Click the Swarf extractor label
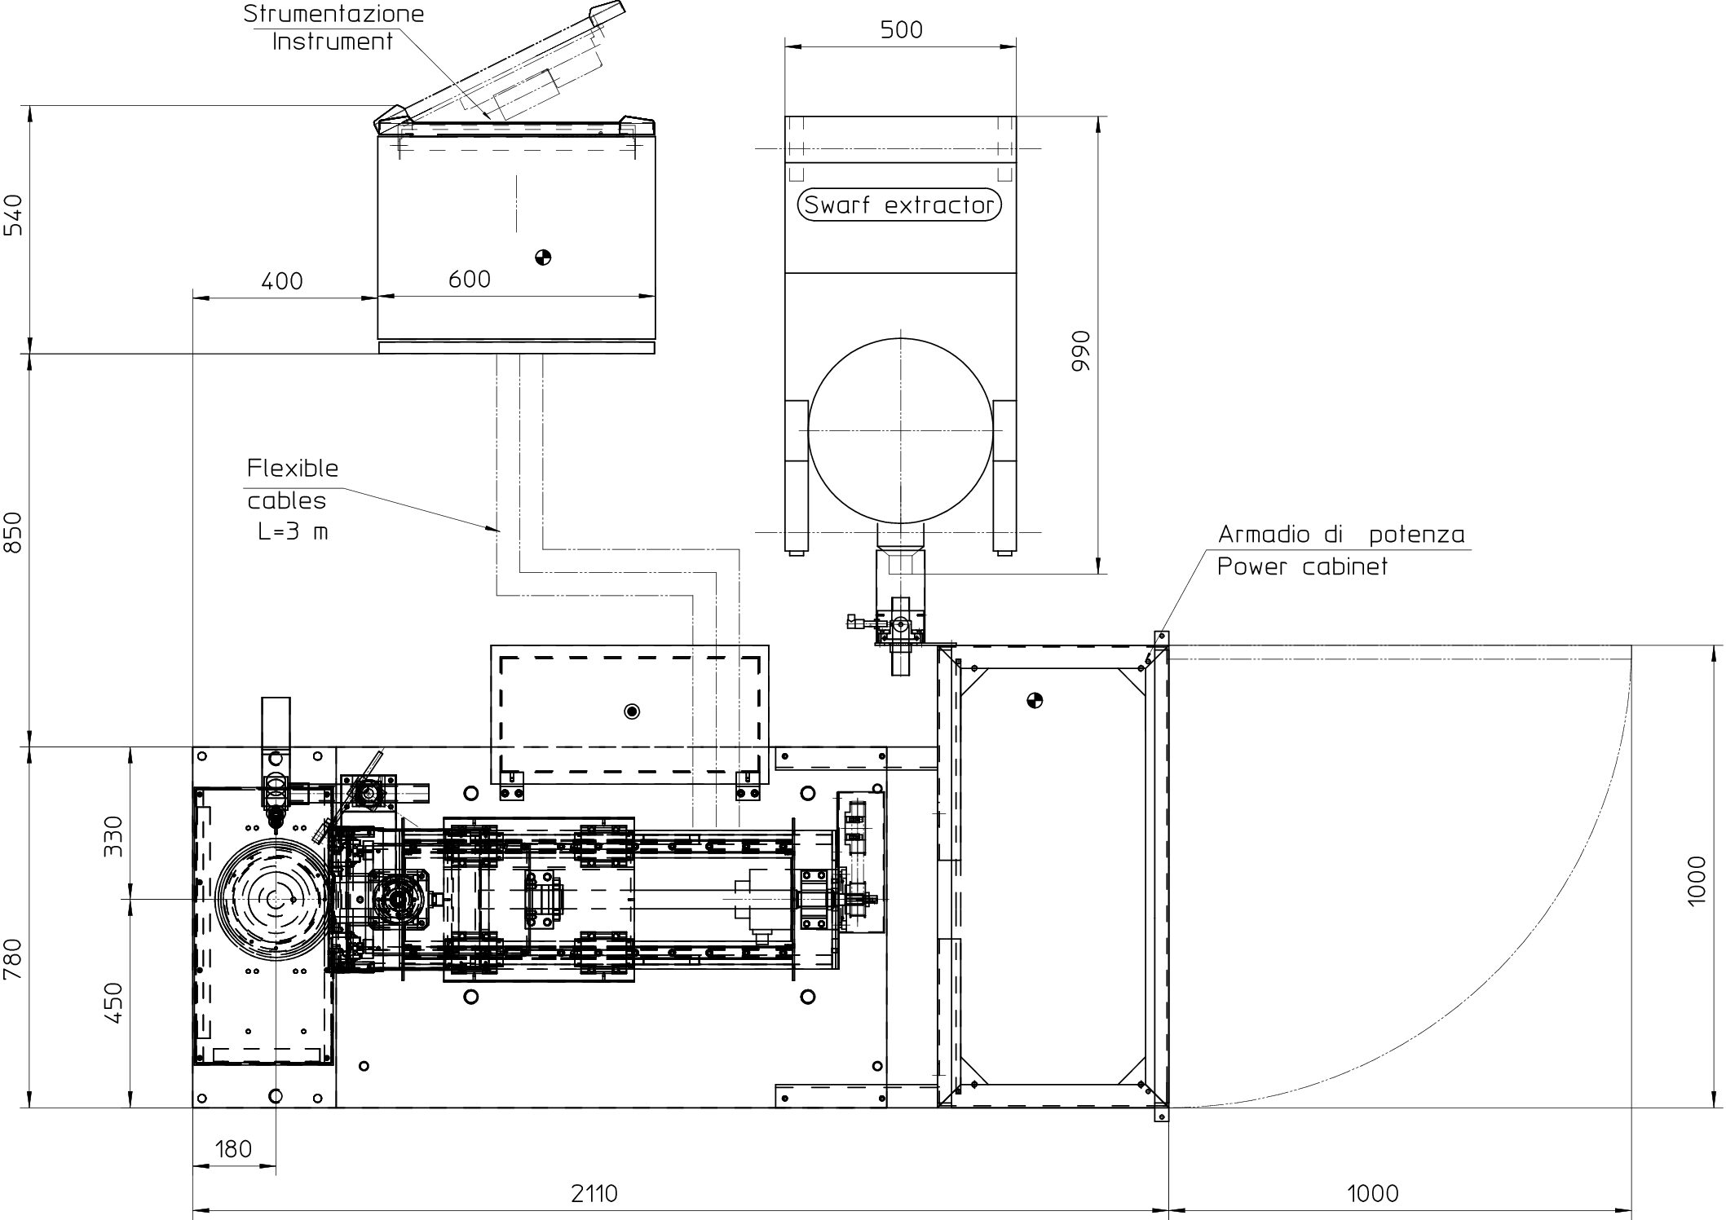point(899,204)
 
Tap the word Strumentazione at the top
point(333,13)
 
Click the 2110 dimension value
point(594,1193)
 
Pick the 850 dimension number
point(15,532)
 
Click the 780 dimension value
point(15,961)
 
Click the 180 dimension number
point(233,1149)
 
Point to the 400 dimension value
point(282,281)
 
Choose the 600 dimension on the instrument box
point(470,280)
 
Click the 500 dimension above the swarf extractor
point(902,30)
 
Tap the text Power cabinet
point(1302,566)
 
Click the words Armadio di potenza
point(1341,535)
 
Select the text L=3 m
point(293,532)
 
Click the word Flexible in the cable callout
point(293,468)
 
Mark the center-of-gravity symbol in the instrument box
point(543,258)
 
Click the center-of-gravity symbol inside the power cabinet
point(1035,700)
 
